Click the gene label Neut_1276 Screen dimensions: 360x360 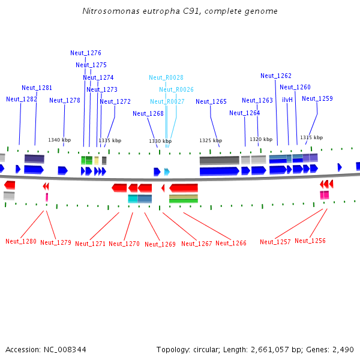[x=86, y=53]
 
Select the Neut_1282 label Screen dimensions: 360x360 [x=22, y=99]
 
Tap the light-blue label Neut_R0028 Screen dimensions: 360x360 [x=166, y=77]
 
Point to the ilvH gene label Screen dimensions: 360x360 [x=287, y=100]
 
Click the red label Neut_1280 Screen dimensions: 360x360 [x=21, y=242]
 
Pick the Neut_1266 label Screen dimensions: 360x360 [x=231, y=243]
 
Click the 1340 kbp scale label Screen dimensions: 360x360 [x=59, y=140]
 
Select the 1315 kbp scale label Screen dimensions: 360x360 [x=311, y=137]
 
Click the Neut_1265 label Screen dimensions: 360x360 [x=211, y=101]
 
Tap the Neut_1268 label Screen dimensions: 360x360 [x=148, y=113]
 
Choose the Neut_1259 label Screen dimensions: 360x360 [x=317, y=98]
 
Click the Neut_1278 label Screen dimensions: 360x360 [x=65, y=100]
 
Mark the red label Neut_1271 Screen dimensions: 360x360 [x=90, y=244]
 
